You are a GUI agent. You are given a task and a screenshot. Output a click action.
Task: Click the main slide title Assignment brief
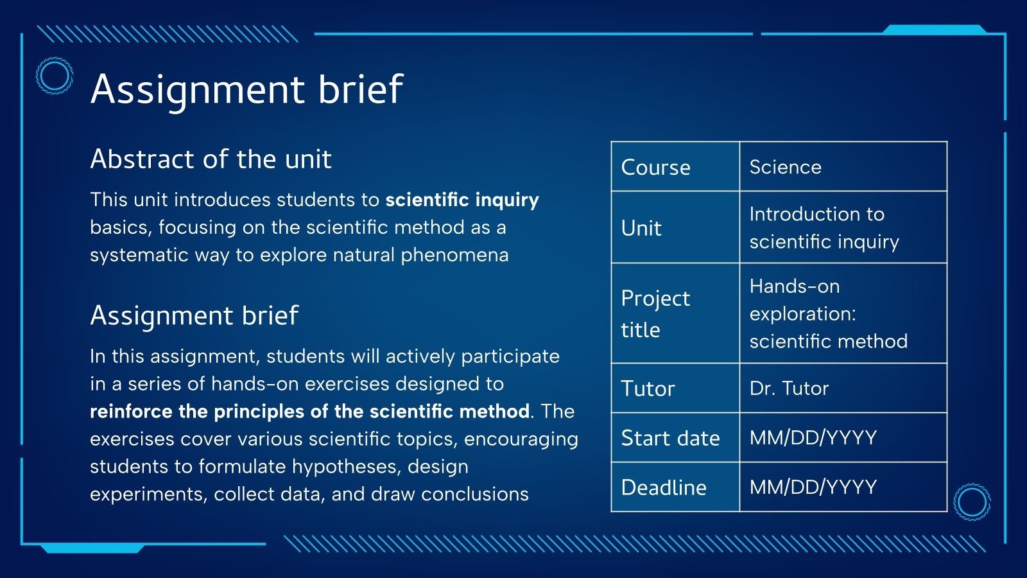click(246, 89)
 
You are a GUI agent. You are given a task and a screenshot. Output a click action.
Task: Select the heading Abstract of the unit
click(211, 159)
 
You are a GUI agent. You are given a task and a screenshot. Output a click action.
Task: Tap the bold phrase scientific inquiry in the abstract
click(462, 200)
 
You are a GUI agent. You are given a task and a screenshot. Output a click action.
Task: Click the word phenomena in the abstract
click(455, 256)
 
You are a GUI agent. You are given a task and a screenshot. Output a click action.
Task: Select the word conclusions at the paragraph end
click(475, 494)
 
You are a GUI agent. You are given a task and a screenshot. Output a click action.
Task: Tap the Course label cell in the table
click(675, 166)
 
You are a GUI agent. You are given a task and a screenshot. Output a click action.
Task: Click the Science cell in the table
click(843, 166)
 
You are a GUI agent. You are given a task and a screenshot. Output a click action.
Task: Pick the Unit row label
click(675, 227)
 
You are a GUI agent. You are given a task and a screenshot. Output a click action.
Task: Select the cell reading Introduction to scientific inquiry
click(843, 227)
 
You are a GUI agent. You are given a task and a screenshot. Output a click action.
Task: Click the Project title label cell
click(675, 313)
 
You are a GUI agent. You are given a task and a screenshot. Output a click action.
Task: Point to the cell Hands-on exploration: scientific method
click(843, 313)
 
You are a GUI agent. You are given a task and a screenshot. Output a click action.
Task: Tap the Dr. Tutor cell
click(843, 388)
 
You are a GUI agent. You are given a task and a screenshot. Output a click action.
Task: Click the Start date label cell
click(675, 437)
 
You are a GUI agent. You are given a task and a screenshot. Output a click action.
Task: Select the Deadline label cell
click(675, 487)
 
